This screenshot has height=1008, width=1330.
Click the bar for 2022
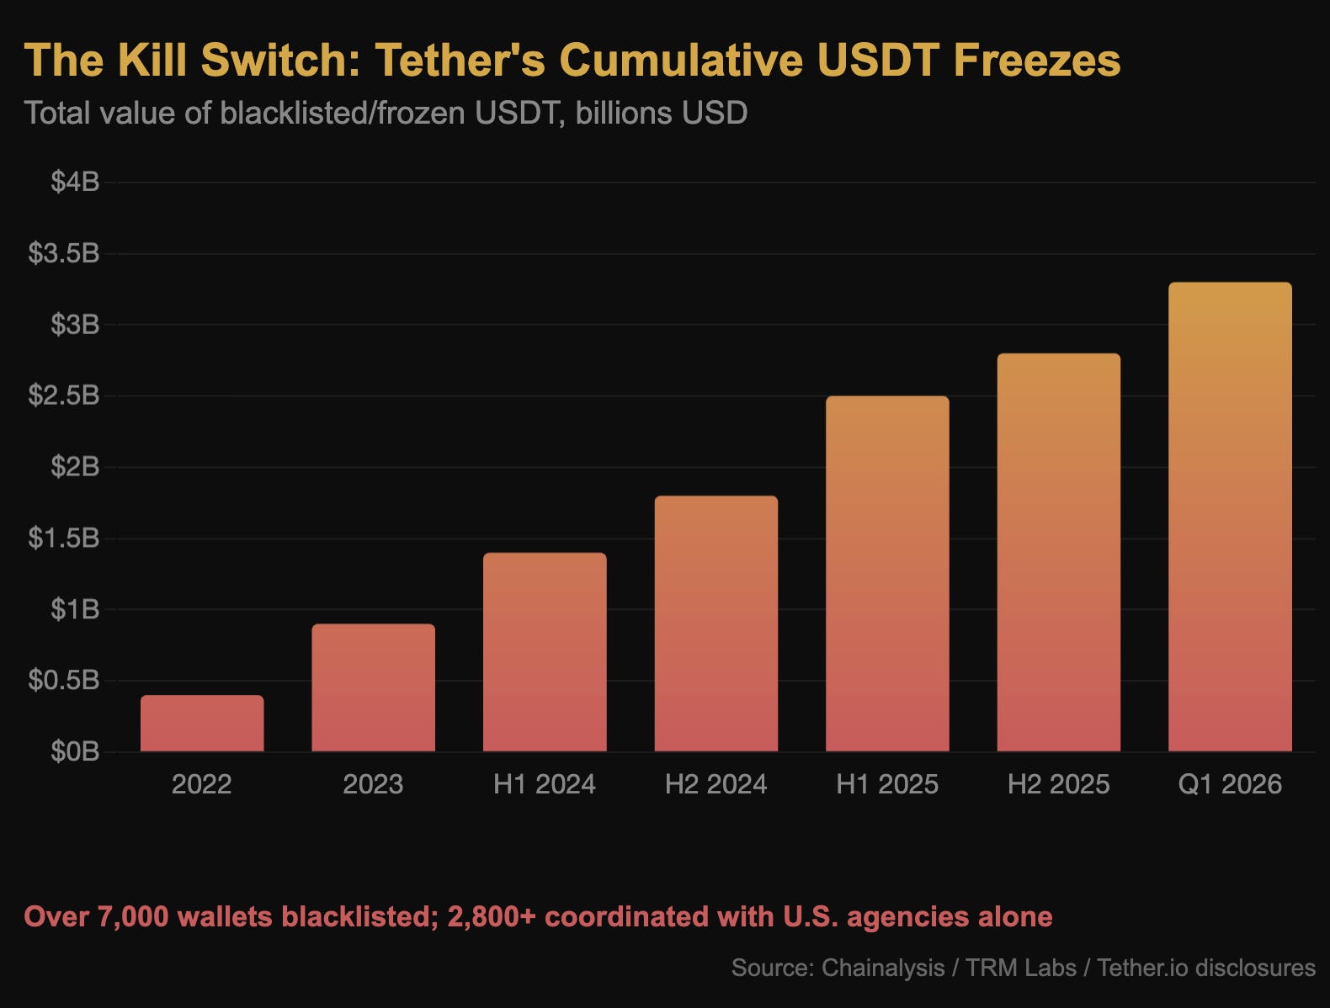pyautogui.click(x=202, y=724)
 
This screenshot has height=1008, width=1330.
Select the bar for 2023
pyautogui.click(x=373, y=688)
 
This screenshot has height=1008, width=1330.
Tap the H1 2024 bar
pyautogui.click(x=545, y=652)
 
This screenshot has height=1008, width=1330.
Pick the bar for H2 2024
pyautogui.click(x=716, y=624)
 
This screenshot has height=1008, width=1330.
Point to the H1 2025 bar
pyautogui.click(x=887, y=574)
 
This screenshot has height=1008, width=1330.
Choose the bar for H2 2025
pyautogui.click(x=1058, y=553)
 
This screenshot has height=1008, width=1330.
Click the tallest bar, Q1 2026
pyautogui.click(x=1230, y=517)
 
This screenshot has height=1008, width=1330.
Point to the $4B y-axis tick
pyautogui.click(x=75, y=182)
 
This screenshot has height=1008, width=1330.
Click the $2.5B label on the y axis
pyautogui.click(x=64, y=395)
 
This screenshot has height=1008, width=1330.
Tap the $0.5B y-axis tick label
pyautogui.click(x=64, y=680)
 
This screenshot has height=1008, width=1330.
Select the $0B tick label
pyautogui.click(x=75, y=751)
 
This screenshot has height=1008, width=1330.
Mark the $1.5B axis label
pyautogui.click(x=64, y=538)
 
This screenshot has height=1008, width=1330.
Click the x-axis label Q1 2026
pyautogui.click(x=1230, y=784)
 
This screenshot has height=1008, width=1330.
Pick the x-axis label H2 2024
pyautogui.click(x=716, y=784)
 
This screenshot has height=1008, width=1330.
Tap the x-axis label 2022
pyautogui.click(x=202, y=784)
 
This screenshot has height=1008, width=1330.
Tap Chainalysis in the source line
pyautogui.click(x=882, y=968)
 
